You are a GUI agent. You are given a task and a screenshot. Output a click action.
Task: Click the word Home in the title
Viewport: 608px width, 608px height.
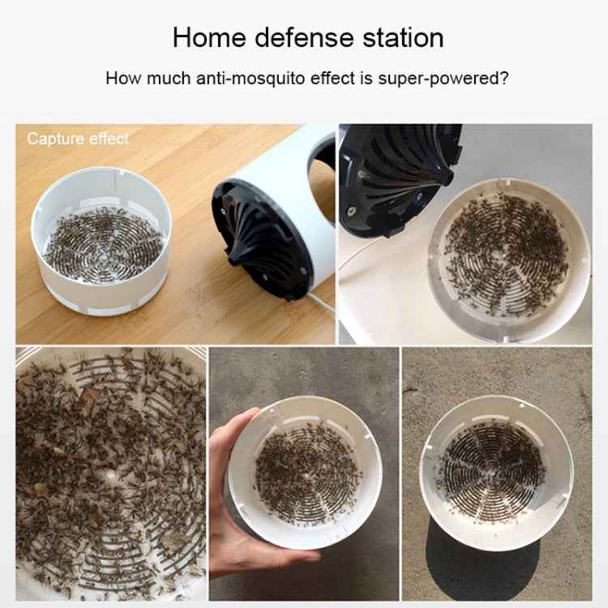pyautogui.click(x=209, y=38)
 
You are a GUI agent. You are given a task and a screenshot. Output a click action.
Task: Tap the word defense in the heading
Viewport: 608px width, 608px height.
pyautogui.click(x=304, y=38)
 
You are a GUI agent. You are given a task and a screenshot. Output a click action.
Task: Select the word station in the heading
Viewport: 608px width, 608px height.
pyautogui.click(x=403, y=38)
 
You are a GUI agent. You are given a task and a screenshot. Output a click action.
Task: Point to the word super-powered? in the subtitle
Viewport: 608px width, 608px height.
pyautogui.click(x=443, y=79)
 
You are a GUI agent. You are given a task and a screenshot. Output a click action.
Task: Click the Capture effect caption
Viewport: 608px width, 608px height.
pyautogui.click(x=78, y=139)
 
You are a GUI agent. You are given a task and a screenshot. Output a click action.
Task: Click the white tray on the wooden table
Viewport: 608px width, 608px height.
pyautogui.click(x=101, y=241)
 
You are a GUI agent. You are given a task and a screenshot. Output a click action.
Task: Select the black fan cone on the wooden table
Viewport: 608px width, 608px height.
pyautogui.click(x=259, y=241)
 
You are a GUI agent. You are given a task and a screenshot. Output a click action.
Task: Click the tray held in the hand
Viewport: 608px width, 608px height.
pyautogui.click(x=305, y=473)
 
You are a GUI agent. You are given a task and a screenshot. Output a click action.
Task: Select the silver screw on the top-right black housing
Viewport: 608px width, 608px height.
pyautogui.click(x=351, y=211)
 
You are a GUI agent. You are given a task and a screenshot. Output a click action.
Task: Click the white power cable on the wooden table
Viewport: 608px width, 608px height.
pyautogui.click(x=323, y=303)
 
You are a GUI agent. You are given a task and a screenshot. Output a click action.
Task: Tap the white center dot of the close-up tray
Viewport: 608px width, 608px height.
pyautogui.click(x=111, y=475)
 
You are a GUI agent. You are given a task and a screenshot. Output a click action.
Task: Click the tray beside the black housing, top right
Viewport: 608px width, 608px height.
pyautogui.click(x=509, y=260)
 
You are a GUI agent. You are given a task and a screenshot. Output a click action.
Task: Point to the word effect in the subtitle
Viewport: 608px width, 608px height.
pyautogui.click(x=332, y=79)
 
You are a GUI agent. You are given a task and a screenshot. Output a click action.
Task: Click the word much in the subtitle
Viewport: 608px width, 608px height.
pyautogui.click(x=169, y=79)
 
